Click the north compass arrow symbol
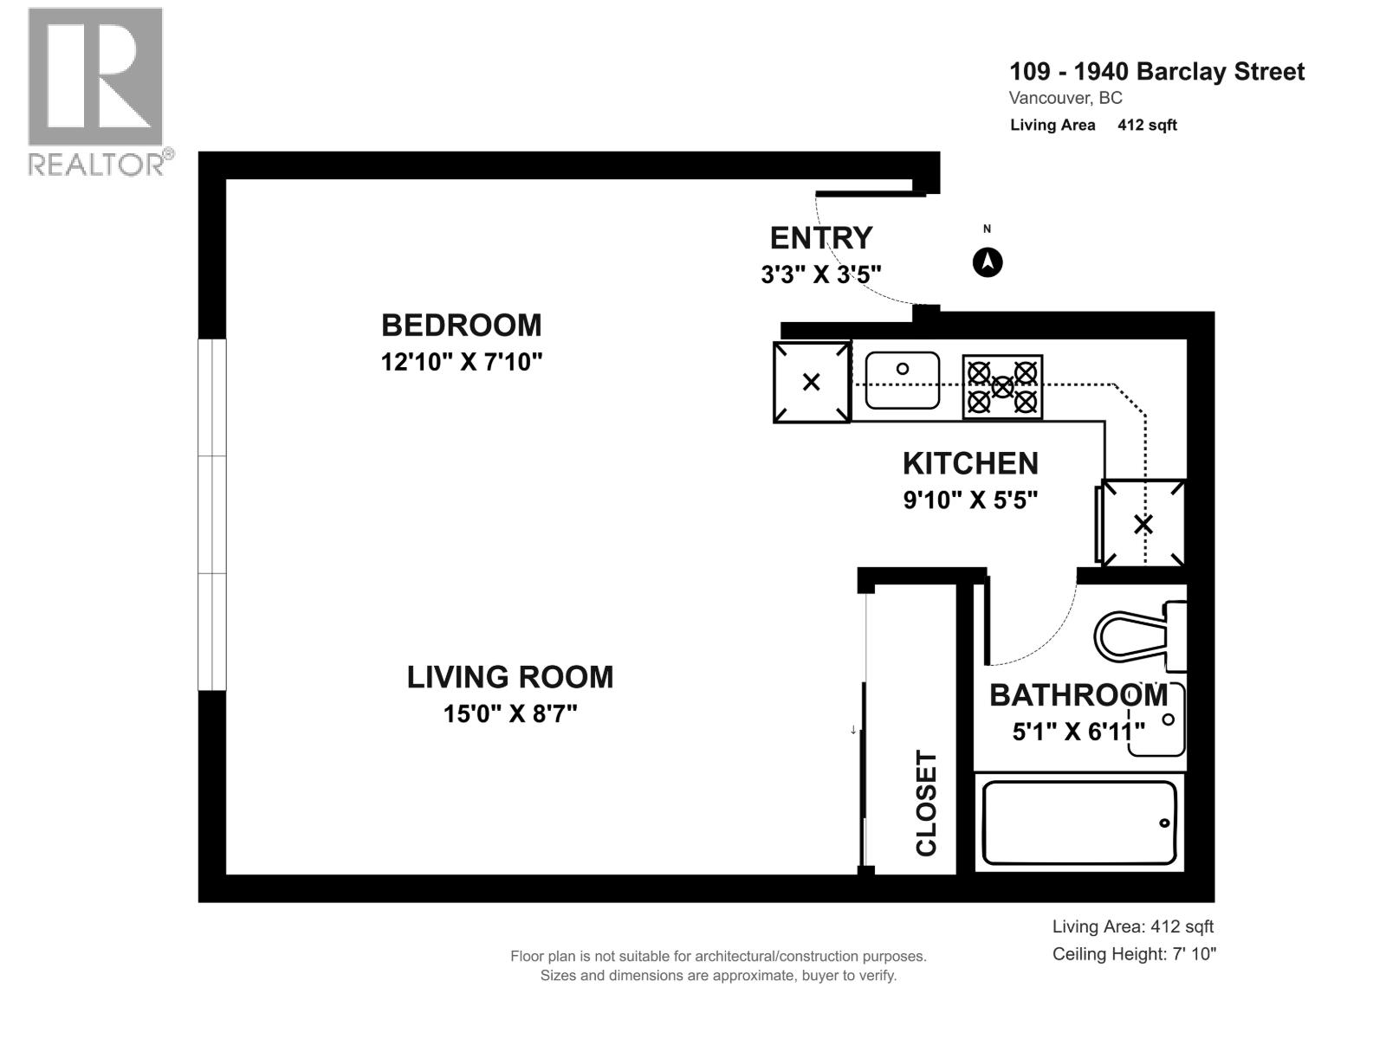click(x=987, y=262)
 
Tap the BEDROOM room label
click(x=462, y=326)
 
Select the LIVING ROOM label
click(x=510, y=678)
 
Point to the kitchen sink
click(x=903, y=380)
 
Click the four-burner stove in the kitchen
click(x=1002, y=387)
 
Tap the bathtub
click(x=1079, y=823)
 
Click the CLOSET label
click(x=926, y=803)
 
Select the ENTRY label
click(x=821, y=238)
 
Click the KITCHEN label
click(x=970, y=464)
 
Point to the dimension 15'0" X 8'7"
click(x=510, y=714)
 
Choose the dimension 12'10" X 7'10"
click(x=462, y=362)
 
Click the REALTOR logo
click(x=99, y=92)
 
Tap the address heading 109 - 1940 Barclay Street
click(x=1156, y=71)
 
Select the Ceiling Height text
click(x=1134, y=954)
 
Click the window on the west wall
click(x=212, y=515)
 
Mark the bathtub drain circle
click(x=1164, y=823)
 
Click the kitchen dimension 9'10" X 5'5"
click(x=970, y=500)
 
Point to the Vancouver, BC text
click(x=1065, y=99)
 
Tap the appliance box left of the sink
click(x=812, y=382)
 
